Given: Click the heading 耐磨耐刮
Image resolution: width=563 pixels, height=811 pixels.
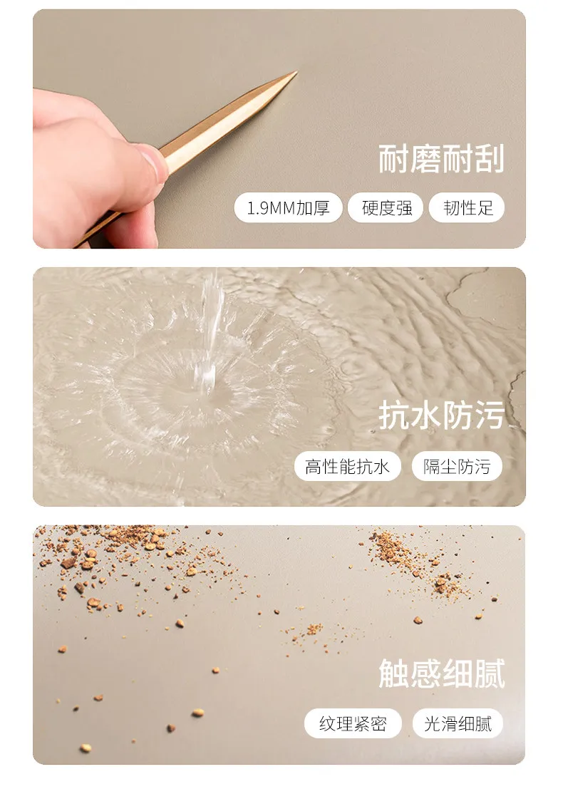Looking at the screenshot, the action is click(x=441, y=159).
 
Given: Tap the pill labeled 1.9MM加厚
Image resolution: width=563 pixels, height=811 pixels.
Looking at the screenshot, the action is click(x=288, y=208).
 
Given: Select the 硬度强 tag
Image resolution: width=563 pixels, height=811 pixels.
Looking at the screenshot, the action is click(x=386, y=208).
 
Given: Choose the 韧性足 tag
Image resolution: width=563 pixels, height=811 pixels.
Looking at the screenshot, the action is click(x=467, y=208).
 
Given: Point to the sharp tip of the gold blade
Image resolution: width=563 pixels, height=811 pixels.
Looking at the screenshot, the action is click(x=296, y=72).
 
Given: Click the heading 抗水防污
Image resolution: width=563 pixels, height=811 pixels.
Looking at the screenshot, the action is click(x=441, y=415).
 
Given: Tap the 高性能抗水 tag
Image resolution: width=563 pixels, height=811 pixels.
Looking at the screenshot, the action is click(x=347, y=467).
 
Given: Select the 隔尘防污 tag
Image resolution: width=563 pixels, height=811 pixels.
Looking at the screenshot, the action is click(x=457, y=467).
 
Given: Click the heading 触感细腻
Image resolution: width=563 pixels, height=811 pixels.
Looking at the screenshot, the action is click(x=441, y=673).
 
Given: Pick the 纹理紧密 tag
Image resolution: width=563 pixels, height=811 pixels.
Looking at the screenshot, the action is click(x=353, y=723).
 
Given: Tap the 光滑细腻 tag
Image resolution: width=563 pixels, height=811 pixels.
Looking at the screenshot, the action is click(x=458, y=723).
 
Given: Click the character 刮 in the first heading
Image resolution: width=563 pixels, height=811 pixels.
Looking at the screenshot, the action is click(x=489, y=159).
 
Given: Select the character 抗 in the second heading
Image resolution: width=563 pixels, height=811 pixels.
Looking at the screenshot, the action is click(x=394, y=415).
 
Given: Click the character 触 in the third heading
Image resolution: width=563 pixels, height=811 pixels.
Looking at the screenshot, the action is click(x=394, y=673).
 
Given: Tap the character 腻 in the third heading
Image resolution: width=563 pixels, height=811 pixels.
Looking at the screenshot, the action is click(x=489, y=673).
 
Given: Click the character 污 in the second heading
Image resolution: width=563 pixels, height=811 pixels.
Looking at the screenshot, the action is click(x=489, y=415).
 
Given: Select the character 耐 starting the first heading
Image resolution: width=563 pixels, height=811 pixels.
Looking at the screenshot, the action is click(x=394, y=159).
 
